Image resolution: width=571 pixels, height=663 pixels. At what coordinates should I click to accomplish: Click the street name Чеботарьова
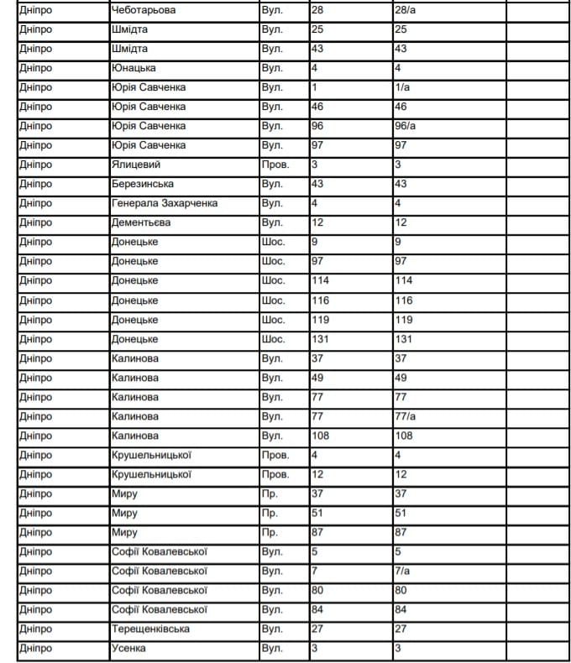[143, 10]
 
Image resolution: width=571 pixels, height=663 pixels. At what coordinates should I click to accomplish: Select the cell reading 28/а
[406, 10]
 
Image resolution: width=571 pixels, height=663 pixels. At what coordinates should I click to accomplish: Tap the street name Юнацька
[134, 68]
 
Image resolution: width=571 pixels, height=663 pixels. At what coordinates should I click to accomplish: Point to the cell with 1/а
[402, 87]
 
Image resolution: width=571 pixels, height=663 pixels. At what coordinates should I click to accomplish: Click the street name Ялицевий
[135, 164]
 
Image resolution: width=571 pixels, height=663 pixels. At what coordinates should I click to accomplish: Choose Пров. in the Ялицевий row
[275, 164]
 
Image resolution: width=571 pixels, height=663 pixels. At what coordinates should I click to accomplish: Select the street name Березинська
[142, 184]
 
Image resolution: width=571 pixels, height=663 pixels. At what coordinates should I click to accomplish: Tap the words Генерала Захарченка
[165, 203]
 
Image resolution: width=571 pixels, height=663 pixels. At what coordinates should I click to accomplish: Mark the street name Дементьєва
[140, 222]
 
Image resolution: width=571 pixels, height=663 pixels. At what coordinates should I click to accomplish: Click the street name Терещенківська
[150, 629]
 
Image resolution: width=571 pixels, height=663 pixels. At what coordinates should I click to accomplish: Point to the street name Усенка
[128, 648]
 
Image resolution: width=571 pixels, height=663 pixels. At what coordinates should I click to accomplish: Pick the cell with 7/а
[402, 571]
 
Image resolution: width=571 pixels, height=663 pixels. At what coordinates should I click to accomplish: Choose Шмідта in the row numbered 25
[129, 29]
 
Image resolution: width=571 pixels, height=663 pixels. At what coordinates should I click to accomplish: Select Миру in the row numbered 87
[124, 532]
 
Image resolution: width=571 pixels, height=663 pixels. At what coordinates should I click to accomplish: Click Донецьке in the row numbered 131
[134, 339]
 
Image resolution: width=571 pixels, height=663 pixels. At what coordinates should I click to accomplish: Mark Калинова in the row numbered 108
[134, 436]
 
